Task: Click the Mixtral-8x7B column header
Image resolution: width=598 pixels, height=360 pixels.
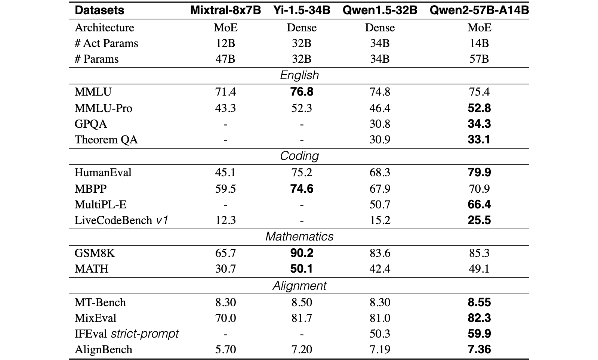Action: pyautogui.click(x=226, y=10)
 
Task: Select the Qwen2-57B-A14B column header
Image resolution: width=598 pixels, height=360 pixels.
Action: pyautogui.click(x=479, y=10)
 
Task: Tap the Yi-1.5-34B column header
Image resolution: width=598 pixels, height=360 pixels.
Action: pyautogui.click(x=302, y=10)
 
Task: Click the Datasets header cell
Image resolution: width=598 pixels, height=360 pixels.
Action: pyautogui.click(x=99, y=10)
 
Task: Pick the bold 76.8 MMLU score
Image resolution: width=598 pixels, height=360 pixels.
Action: pyautogui.click(x=302, y=92)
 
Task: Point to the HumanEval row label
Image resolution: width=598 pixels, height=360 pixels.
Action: pyautogui.click(x=103, y=173)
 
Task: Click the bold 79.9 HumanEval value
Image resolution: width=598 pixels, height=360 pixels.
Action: pyautogui.click(x=479, y=172)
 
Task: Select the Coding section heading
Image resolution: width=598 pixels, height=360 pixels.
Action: pyautogui.click(x=299, y=156)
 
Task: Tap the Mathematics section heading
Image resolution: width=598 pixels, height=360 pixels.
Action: pyautogui.click(x=299, y=236)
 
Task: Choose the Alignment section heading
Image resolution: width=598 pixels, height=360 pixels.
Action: pyautogui.click(x=299, y=286)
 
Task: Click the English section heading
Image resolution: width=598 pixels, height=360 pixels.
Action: pyautogui.click(x=299, y=75)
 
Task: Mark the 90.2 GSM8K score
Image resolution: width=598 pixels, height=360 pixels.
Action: pyautogui.click(x=302, y=253)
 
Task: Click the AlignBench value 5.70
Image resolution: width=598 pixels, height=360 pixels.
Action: pyautogui.click(x=226, y=350)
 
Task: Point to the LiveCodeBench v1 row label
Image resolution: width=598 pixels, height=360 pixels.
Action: pyautogui.click(x=121, y=220)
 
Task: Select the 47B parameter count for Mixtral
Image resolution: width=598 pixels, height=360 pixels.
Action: pyautogui.click(x=225, y=59)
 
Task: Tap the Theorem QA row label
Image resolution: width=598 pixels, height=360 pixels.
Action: pyautogui.click(x=106, y=140)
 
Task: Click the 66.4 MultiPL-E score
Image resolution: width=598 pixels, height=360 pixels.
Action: pyautogui.click(x=479, y=205)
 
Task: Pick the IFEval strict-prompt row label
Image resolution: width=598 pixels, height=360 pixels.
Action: pyautogui.click(x=127, y=334)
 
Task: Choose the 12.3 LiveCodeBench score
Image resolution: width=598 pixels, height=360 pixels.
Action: pyautogui.click(x=226, y=220)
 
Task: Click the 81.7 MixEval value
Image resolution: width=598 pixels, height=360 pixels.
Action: pyautogui.click(x=302, y=318)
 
